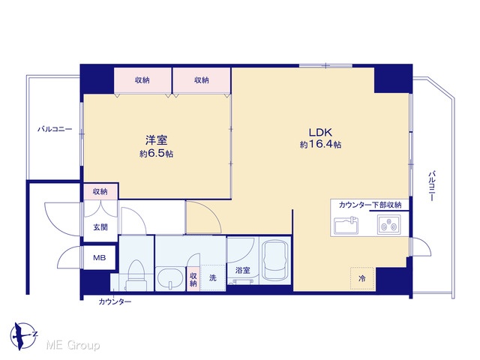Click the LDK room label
click(320, 132)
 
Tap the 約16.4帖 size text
click(320, 144)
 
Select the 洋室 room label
click(157, 140)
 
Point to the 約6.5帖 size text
click(157, 153)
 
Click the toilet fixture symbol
click(136, 275)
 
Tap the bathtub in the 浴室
click(275, 260)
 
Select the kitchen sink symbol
click(346, 225)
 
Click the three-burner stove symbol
click(388, 225)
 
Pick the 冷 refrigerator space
click(362, 278)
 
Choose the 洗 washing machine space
click(213, 277)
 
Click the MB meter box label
click(100, 258)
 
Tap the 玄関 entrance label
click(100, 227)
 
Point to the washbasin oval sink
click(170, 279)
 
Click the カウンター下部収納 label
click(370, 205)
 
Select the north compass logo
click(23, 335)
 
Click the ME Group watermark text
click(73, 345)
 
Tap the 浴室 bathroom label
click(243, 270)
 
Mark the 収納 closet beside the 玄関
click(100, 192)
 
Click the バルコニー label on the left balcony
click(55, 129)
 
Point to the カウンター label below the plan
click(115, 301)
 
